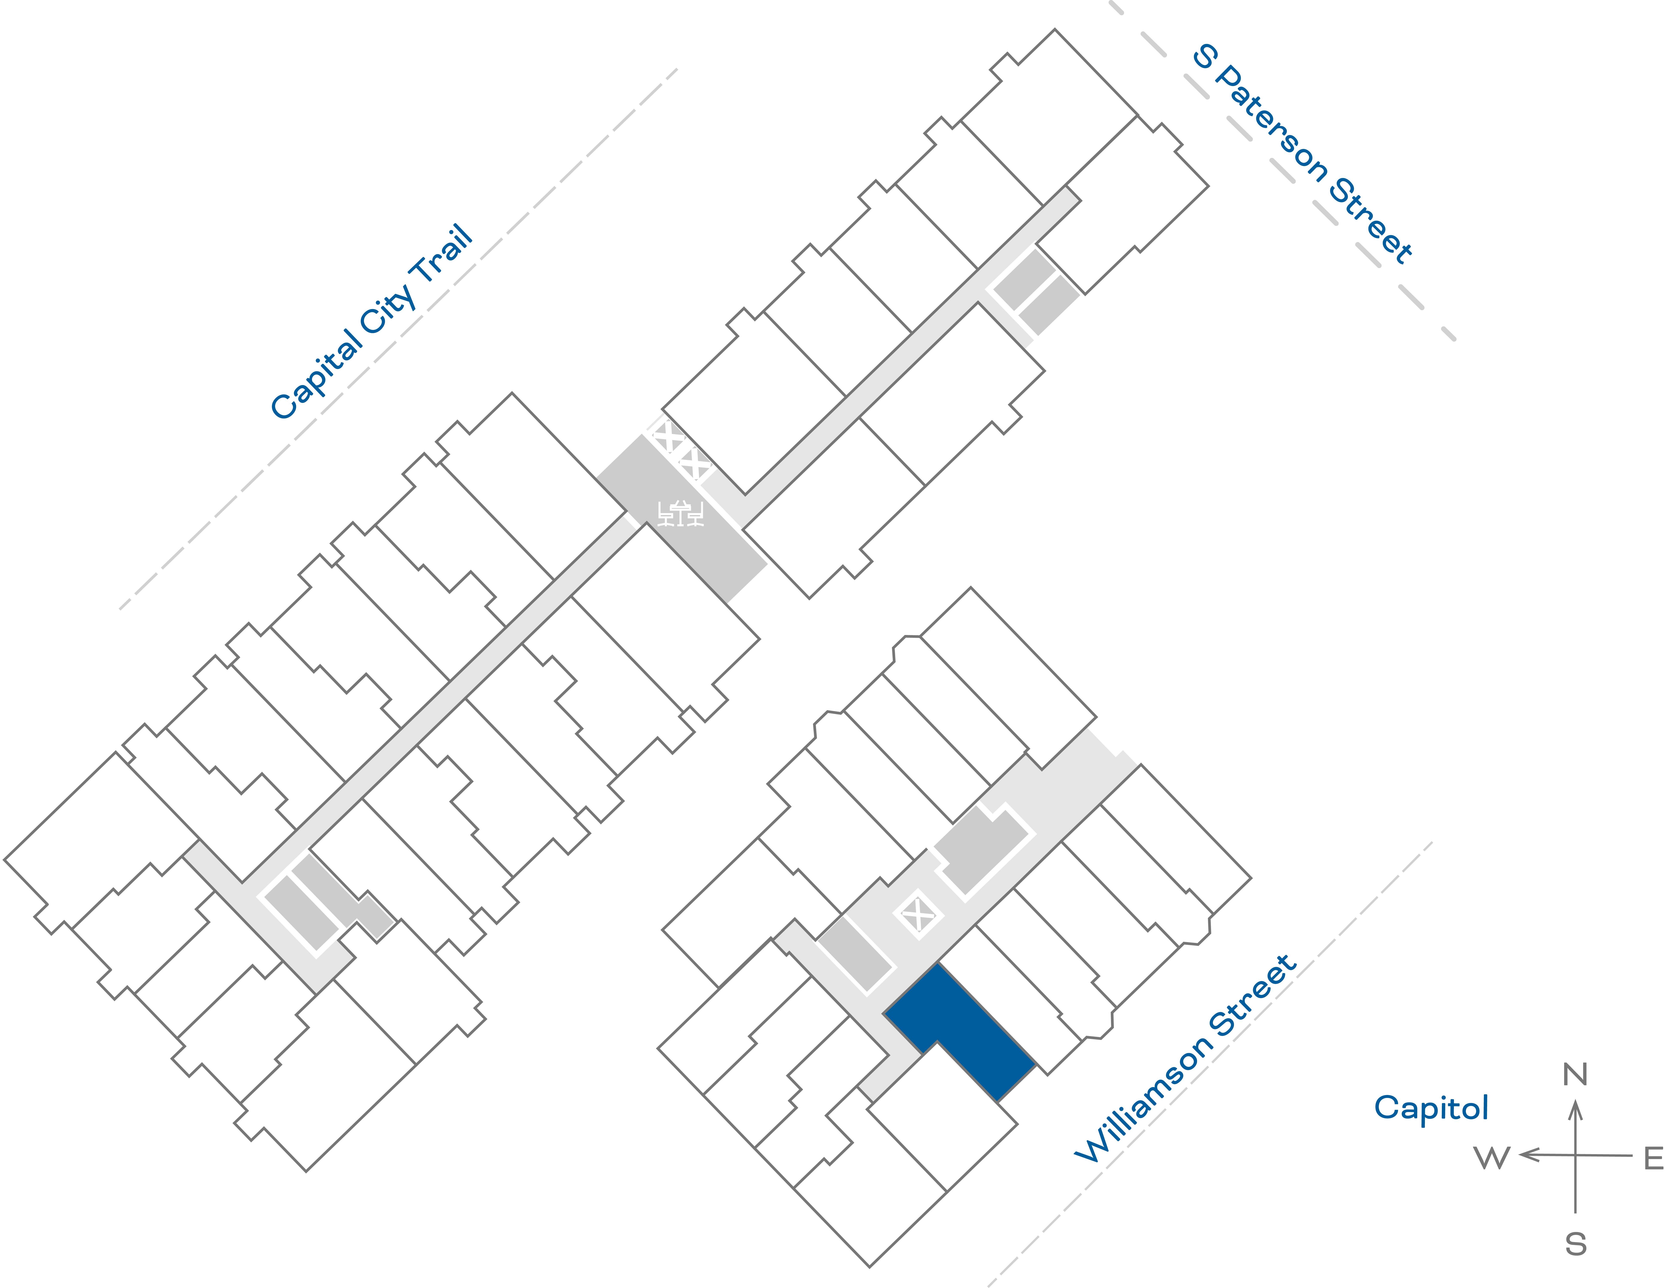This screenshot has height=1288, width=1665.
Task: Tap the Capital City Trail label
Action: click(372, 322)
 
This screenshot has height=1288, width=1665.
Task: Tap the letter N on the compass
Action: click(1575, 1075)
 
